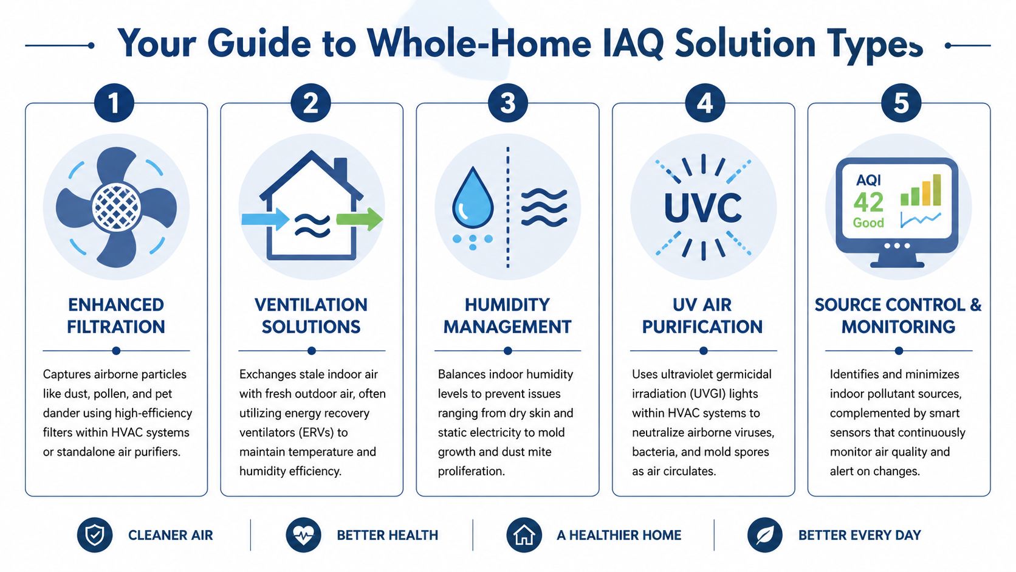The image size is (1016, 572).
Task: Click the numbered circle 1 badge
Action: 114,103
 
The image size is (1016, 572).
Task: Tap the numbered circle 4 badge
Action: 704,103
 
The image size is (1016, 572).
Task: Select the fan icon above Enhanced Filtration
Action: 116,207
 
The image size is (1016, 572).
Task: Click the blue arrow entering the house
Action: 264,219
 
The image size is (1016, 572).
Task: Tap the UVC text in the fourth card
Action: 703,208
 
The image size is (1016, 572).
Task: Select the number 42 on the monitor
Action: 868,202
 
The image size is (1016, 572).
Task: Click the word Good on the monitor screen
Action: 868,223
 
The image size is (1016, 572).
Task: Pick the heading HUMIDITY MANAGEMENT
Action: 507,315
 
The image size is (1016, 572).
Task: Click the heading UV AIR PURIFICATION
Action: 702,315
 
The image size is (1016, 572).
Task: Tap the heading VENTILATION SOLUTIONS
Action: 311,315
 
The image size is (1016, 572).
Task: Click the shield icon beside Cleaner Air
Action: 95,535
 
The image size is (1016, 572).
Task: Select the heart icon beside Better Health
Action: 303,535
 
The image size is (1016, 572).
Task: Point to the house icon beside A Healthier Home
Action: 524,535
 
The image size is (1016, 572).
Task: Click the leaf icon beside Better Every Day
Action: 764,535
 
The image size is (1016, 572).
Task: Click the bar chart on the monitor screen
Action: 921,191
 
